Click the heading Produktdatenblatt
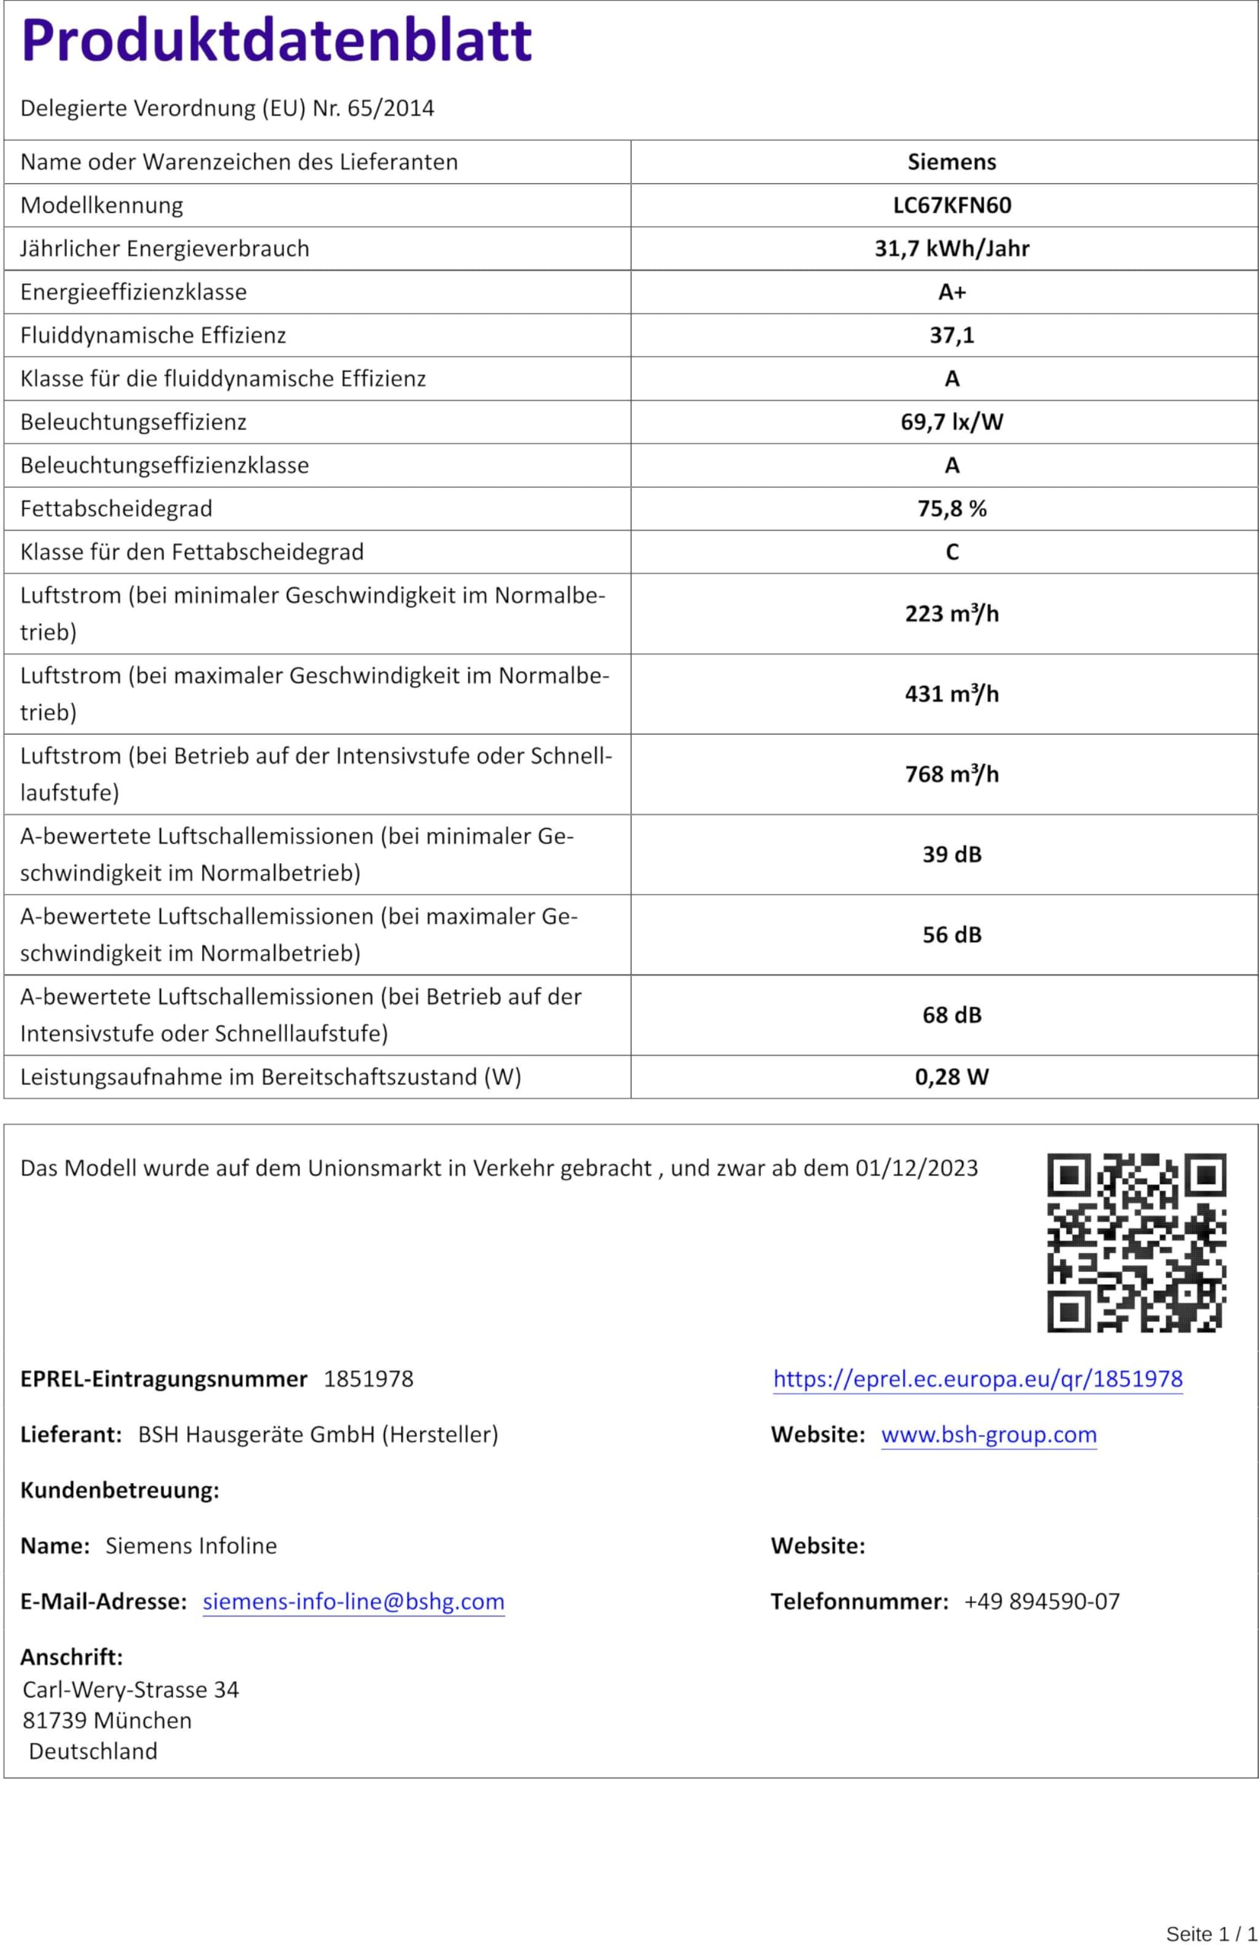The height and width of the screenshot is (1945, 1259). point(276,41)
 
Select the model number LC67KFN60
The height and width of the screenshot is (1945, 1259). point(951,205)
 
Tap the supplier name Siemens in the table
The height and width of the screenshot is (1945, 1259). point(951,162)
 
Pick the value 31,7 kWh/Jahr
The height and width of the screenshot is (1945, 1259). point(951,248)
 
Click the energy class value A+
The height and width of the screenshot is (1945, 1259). point(951,292)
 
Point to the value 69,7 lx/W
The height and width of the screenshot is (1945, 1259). point(951,422)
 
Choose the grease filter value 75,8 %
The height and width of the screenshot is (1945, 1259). point(951,508)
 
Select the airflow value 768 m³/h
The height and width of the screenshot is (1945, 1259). point(951,774)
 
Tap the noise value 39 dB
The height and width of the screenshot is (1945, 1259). point(951,854)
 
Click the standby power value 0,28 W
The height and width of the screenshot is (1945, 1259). point(951,1077)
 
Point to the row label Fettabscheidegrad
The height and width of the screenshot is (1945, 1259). point(116,508)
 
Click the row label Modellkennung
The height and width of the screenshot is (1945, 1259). point(101,205)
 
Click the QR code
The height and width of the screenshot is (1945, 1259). point(1137,1242)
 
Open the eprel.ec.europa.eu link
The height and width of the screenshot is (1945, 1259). point(978,1380)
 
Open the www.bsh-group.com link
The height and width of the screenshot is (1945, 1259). point(989,1435)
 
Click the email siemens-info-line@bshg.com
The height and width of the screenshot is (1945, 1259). point(353,1602)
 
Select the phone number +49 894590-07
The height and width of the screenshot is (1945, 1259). point(1042,1602)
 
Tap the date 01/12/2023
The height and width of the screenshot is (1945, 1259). point(916,1168)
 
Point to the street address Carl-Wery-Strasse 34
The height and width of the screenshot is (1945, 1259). point(131,1689)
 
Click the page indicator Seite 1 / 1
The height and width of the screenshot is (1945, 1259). point(1211,1934)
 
